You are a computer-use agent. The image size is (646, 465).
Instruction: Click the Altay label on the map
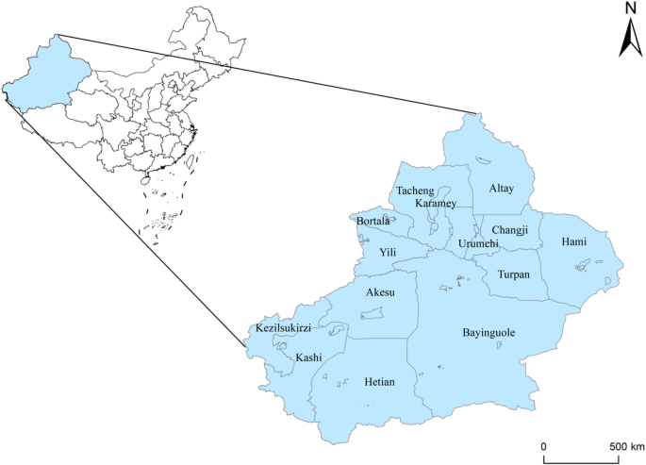[502, 189]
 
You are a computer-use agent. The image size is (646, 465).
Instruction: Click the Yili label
[388, 253]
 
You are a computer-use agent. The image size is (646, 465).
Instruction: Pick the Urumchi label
[478, 243]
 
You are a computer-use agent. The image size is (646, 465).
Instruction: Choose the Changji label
[511, 229]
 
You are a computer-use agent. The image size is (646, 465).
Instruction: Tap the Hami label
[573, 242]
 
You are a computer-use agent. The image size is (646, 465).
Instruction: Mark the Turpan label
[514, 274]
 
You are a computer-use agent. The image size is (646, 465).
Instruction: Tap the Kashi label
[309, 357]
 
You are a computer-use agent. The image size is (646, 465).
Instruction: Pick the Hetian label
[379, 382]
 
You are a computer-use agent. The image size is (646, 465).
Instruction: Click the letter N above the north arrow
[629, 8]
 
